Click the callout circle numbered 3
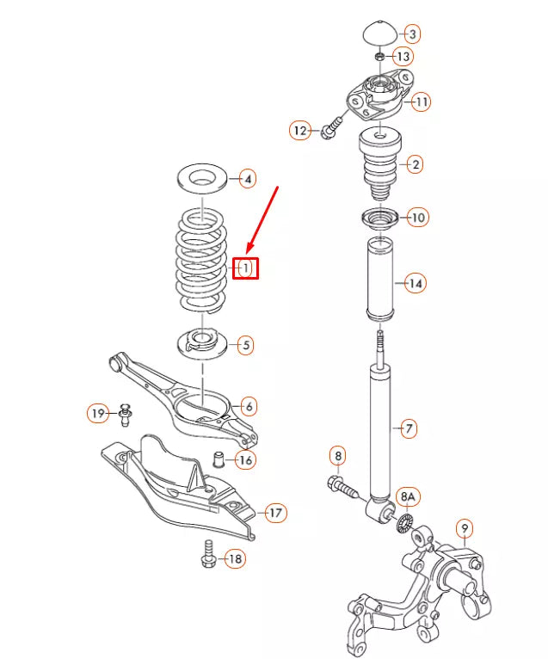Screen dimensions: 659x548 point(413,34)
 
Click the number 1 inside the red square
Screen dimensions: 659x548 point(245,268)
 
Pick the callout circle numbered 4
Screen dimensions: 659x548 point(246,179)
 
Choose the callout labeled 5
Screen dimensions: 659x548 point(246,346)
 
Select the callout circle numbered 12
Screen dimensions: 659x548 point(299,131)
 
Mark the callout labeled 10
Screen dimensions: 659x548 point(417,218)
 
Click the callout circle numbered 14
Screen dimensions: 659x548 point(416,283)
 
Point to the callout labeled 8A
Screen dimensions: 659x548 point(408,498)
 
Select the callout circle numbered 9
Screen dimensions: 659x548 point(465,528)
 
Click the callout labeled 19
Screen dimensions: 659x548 point(99,414)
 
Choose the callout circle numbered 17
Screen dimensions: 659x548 point(274,514)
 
